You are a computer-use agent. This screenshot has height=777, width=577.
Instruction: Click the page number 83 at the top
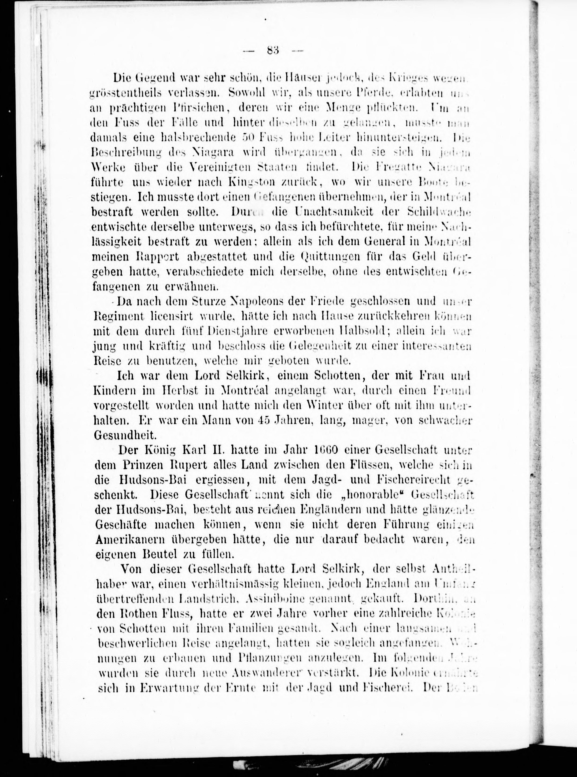272,50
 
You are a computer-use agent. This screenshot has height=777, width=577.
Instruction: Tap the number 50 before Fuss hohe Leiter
249,138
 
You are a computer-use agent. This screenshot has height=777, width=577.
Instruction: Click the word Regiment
119,316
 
